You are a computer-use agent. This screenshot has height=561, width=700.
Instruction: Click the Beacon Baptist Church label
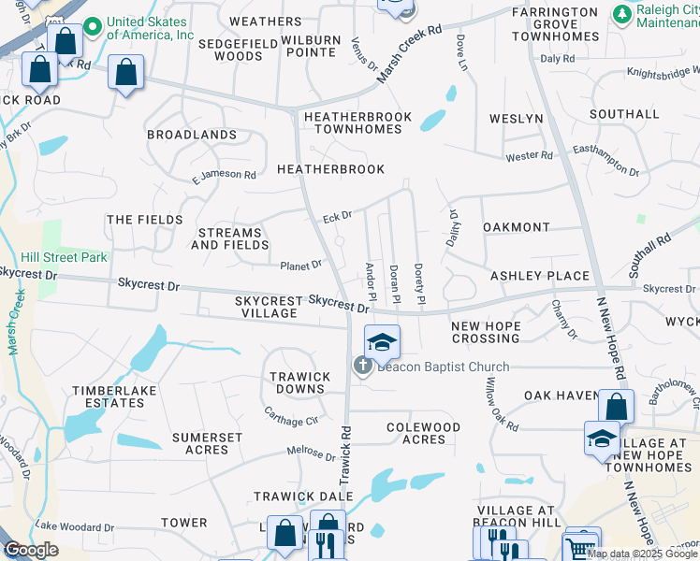pyautogui.click(x=444, y=367)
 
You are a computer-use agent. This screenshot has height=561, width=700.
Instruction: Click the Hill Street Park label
pyautogui.click(x=65, y=257)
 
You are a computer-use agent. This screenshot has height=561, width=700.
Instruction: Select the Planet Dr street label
pyautogui.click(x=300, y=266)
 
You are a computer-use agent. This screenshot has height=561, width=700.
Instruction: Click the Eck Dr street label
pyautogui.click(x=337, y=216)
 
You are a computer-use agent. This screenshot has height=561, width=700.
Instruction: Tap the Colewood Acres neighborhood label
pyautogui.click(x=424, y=434)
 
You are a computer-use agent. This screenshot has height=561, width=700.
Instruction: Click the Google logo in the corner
pyautogui.click(x=31, y=551)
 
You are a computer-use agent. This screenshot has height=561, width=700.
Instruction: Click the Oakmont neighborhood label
pyautogui.click(x=516, y=227)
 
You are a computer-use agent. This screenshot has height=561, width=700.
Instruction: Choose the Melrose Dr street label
pyautogui.click(x=312, y=453)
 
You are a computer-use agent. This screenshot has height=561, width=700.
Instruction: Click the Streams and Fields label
pyautogui.click(x=229, y=238)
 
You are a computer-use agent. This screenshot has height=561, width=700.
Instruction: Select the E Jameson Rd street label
pyautogui.click(x=224, y=175)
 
